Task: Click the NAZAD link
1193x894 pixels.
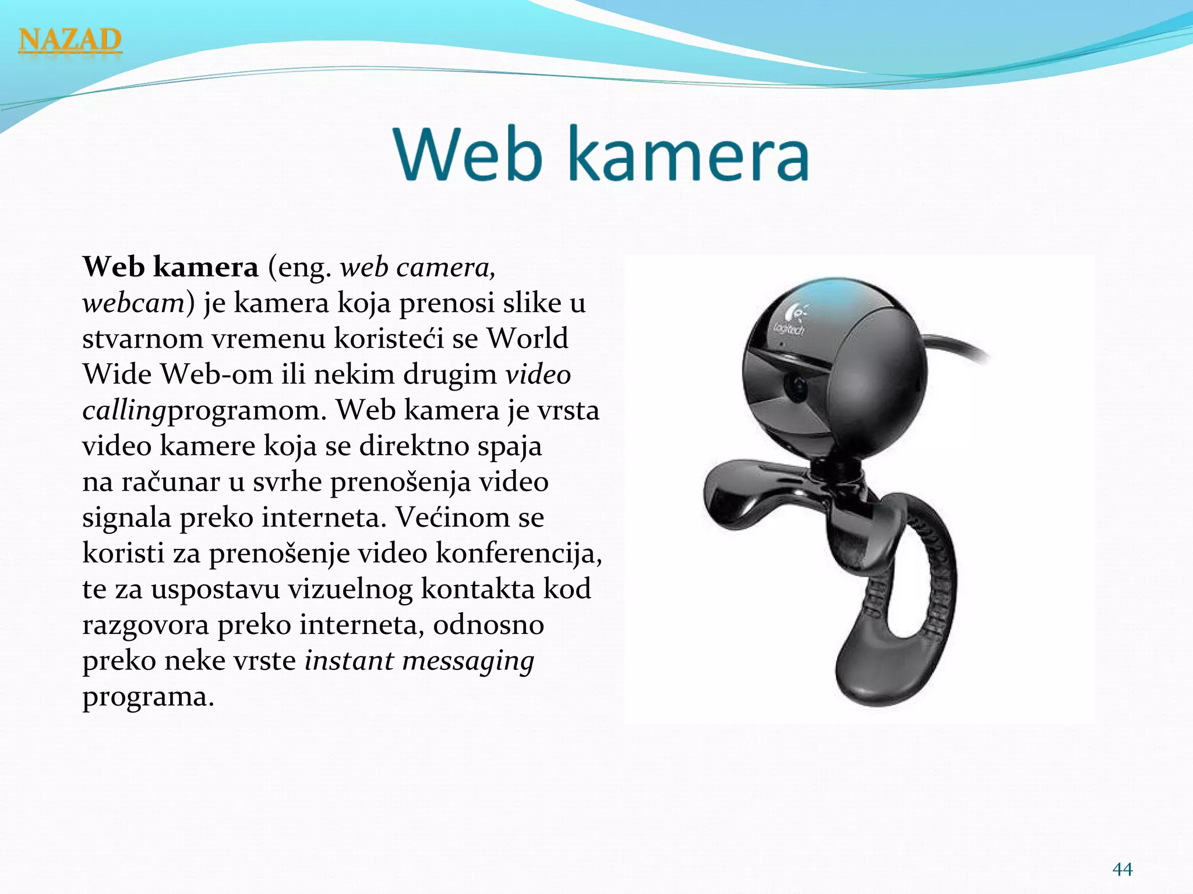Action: (70, 40)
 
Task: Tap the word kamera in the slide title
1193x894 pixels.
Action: (688, 155)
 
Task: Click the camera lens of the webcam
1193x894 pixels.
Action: (796, 386)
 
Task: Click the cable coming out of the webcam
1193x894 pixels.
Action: (958, 347)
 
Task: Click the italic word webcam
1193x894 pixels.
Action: (133, 303)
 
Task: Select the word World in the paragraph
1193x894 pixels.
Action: (527, 339)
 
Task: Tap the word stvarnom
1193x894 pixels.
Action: (142, 339)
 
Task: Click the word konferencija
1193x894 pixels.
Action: (518, 554)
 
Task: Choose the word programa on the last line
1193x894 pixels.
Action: (148, 697)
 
